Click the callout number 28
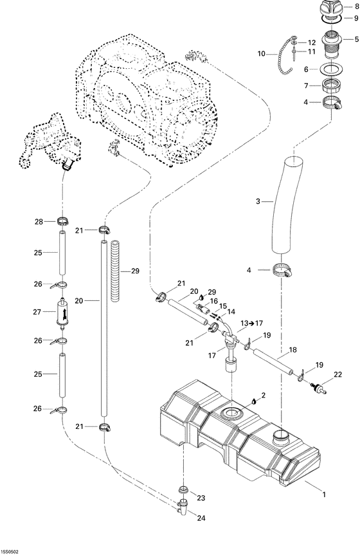tap(38, 222)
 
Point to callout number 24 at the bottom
tap(202, 518)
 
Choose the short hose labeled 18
tap(276, 363)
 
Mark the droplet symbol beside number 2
tap(255, 399)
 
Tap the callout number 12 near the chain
tap(312, 42)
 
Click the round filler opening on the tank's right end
tap(281, 437)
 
